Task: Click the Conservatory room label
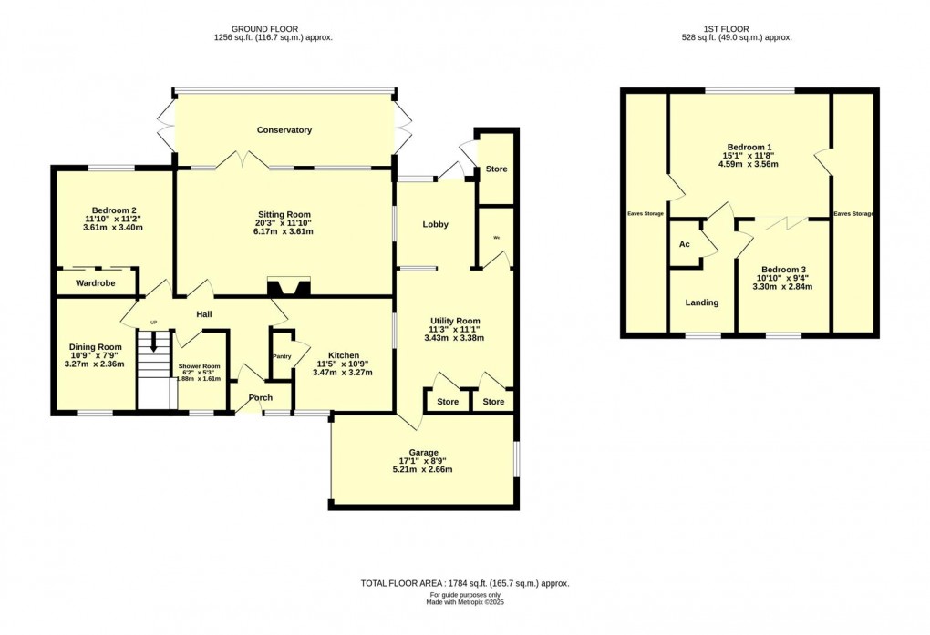coord(284,130)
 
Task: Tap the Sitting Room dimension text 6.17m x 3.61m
coord(284,231)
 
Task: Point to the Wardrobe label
coord(95,283)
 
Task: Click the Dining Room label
coord(96,347)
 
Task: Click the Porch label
coord(261,397)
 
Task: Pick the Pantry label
coord(281,357)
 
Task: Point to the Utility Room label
coord(455,321)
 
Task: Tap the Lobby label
coord(435,224)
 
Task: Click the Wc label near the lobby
coord(497,238)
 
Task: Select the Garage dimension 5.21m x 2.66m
coord(422,470)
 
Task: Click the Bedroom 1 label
coord(749,147)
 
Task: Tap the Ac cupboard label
coord(684,244)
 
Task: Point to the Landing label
coord(701,302)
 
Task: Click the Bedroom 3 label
coord(783,270)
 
